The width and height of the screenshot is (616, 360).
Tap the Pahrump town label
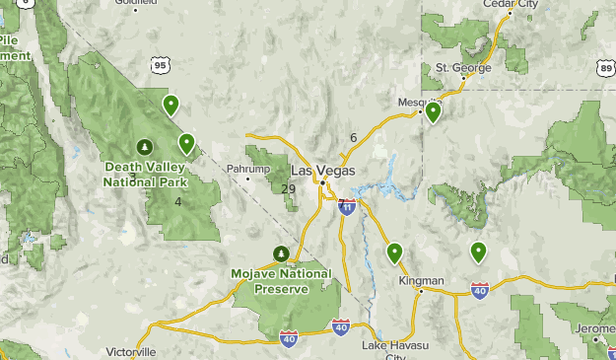[x=247, y=170]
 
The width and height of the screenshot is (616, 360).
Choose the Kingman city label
[x=421, y=280]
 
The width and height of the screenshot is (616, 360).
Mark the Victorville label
[x=131, y=351]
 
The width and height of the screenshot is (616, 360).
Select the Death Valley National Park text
[x=146, y=175]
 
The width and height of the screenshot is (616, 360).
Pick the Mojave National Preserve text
[x=281, y=281]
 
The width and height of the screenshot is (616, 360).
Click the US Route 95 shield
[x=162, y=65]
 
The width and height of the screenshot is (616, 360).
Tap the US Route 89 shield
[x=605, y=67]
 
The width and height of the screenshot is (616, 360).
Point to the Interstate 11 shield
[x=347, y=206]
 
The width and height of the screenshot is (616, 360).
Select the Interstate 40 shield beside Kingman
[x=480, y=290]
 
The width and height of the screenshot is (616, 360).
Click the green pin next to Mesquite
[x=433, y=111]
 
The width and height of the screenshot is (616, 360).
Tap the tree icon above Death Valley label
[x=145, y=147]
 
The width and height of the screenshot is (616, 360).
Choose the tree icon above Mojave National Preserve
[x=281, y=253]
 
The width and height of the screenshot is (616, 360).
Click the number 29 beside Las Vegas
[x=288, y=189]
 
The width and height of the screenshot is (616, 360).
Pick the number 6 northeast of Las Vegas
[x=353, y=138]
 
